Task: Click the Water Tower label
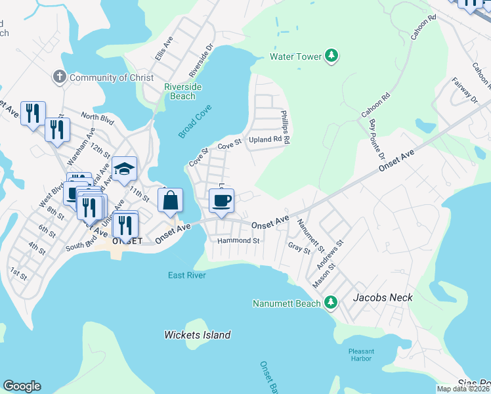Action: [296, 56]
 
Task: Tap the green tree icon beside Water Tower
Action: [333, 56]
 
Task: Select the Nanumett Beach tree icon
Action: [332, 303]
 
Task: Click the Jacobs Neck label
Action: [383, 297]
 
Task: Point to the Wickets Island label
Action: [197, 335]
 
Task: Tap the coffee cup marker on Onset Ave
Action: [221, 201]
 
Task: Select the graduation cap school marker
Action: [124, 169]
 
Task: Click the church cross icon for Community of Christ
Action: [59, 77]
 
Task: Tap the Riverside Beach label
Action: [182, 91]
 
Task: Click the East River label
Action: [186, 275]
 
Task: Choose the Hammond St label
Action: [239, 241]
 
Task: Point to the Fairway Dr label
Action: [465, 91]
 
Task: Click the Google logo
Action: [22, 386]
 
